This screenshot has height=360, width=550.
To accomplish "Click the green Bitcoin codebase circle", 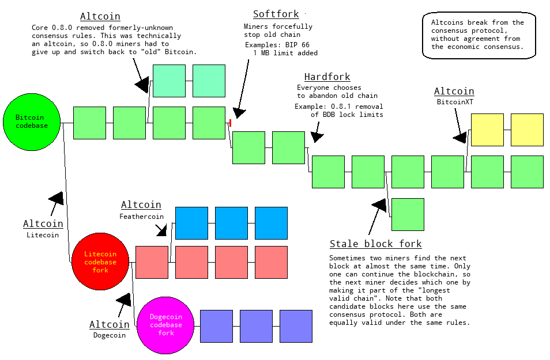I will (x=32, y=122).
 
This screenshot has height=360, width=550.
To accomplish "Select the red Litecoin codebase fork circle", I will (x=100, y=262).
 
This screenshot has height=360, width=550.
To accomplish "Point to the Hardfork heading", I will (x=327, y=77).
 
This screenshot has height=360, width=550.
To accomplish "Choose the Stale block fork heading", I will (x=375, y=244).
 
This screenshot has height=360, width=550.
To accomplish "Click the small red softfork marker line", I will (x=230, y=123).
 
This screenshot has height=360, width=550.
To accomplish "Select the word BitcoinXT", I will (x=454, y=102).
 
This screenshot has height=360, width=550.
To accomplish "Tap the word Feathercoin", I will (x=142, y=217).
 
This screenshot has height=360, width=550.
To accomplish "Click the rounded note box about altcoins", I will (x=479, y=35).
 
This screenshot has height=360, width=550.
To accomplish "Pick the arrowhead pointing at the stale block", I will (x=379, y=205).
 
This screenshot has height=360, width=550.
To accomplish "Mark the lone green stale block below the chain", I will (x=408, y=214).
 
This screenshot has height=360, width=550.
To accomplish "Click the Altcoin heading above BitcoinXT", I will (x=454, y=91).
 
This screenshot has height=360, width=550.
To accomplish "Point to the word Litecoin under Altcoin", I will (x=43, y=235).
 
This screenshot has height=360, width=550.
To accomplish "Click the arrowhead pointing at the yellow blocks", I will (x=460, y=137).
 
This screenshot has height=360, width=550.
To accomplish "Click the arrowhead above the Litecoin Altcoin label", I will (x=56, y=198).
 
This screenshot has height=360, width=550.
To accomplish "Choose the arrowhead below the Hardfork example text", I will (x=317, y=137).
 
